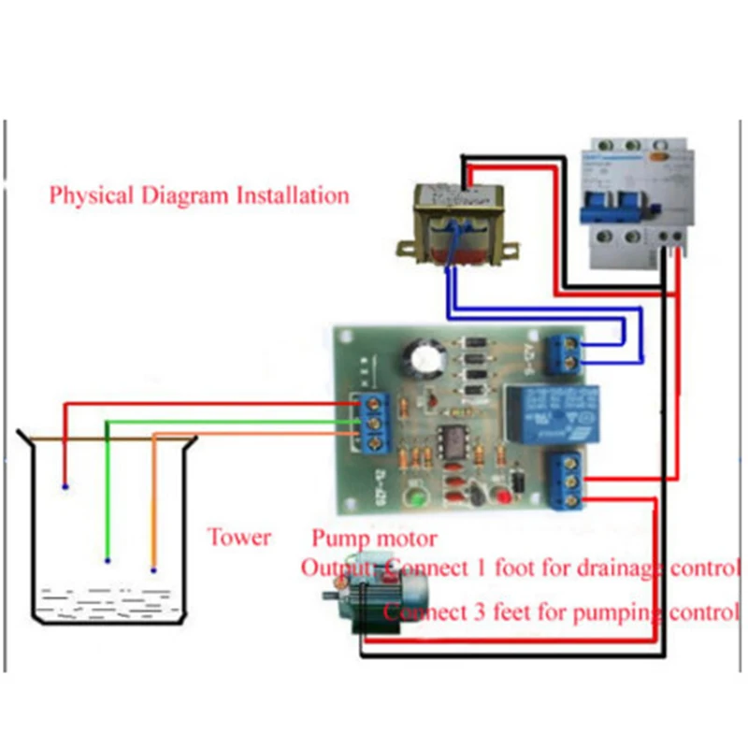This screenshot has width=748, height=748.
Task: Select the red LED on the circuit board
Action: (515, 482)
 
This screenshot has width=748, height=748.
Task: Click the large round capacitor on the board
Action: (415, 361)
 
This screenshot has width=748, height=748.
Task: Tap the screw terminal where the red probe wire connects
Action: (380, 402)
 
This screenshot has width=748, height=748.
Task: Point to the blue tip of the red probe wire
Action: (65, 487)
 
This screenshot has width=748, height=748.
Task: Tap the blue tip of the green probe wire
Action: (108, 561)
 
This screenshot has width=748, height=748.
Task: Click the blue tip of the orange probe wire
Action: (154, 568)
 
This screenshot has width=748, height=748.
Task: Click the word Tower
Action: (239, 538)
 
